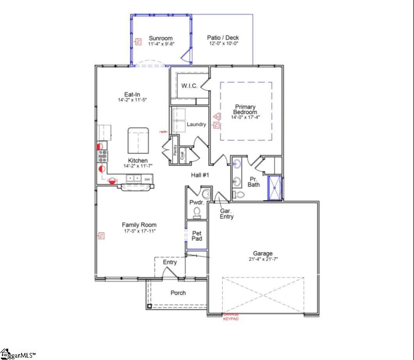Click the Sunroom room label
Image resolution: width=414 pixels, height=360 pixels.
pyautogui.click(x=161, y=38)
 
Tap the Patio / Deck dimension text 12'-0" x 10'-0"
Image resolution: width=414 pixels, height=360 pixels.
pyautogui.click(x=223, y=43)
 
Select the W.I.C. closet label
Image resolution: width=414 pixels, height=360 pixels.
pyautogui.click(x=189, y=86)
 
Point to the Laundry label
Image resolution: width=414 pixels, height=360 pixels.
pyautogui.click(x=196, y=124)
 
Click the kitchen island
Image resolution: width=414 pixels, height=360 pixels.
pyautogui.click(x=138, y=140)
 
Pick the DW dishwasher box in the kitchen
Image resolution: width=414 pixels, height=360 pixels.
pyautogui.click(x=147, y=179)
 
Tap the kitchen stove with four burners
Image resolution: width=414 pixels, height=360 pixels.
pyautogui.click(x=102, y=156)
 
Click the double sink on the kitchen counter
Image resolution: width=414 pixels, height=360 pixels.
pyautogui.click(x=134, y=179)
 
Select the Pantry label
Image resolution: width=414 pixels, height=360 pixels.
pyautogui.click(x=175, y=150)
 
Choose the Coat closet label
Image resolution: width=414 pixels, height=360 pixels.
pyautogui.click(x=182, y=155)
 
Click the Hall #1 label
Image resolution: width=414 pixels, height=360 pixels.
pyautogui.click(x=200, y=175)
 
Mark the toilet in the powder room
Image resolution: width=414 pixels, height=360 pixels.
pyautogui.click(x=197, y=211)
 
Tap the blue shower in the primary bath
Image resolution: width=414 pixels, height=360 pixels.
pyautogui.click(x=275, y=188)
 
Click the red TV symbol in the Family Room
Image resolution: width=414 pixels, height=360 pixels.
pyautogui.click(x=101, y=235)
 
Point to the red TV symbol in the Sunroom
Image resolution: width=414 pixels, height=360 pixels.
pyautogui.click(x=138, y=41)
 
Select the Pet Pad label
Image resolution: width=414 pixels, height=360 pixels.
pyautogui.click(x=197, y=236)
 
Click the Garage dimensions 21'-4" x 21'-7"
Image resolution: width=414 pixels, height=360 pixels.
pyautogui.click(x=262, y=259)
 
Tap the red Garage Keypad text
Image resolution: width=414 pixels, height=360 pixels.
pyautogui.click(x=230, y=317)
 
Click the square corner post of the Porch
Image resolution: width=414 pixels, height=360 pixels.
pyautogui.click(x=149, y=306)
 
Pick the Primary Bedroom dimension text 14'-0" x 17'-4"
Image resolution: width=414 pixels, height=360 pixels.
pyautogui.click(x=245, y=117)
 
